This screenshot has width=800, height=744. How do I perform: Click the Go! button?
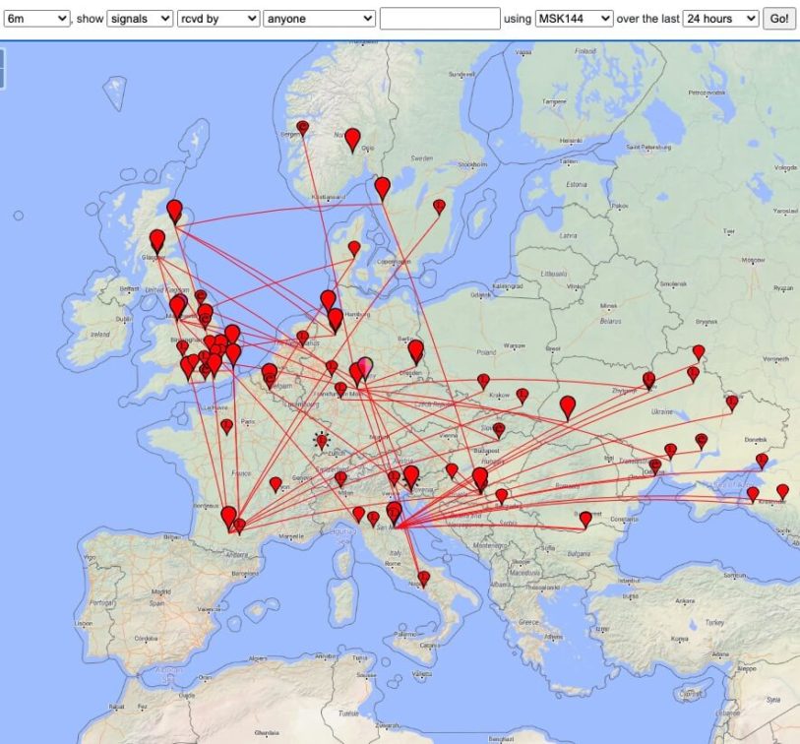click(779, 19)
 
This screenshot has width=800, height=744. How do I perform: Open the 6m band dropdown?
click(37, 19)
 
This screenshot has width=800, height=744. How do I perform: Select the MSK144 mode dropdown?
click(574, 19)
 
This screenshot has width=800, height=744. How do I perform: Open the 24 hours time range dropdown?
click(721, 19)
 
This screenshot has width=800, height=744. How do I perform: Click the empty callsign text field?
click(440, 19)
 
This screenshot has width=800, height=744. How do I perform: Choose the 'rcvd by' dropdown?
click(218, 19)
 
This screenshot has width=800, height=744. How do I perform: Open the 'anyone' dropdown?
click(320, 19)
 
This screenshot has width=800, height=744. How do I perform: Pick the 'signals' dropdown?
click(140, 19)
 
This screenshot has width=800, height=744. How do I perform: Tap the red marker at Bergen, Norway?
click(303, 128)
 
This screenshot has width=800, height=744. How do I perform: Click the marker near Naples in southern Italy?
click(423, 578)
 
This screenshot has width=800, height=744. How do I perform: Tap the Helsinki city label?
click(570, 140)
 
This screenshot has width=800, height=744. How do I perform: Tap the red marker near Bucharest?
click(585, 518)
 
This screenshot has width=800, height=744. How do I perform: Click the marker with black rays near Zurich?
click(321, 442)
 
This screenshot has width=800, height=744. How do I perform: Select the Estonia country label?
click(577, 183)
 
